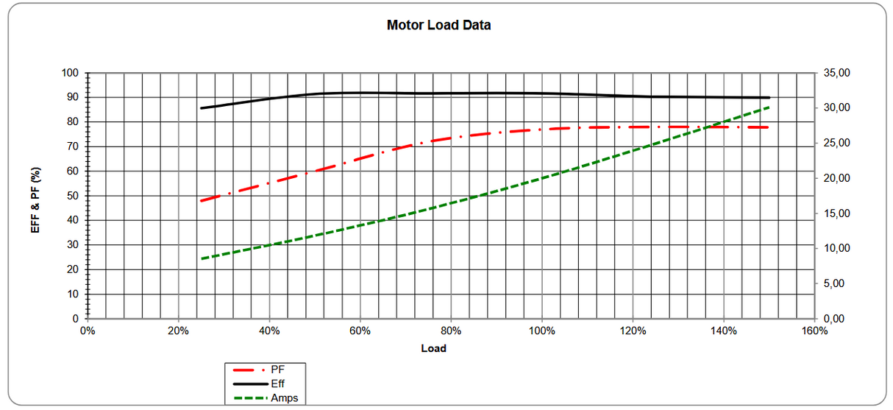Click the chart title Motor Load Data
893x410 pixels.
[x=438, y=25]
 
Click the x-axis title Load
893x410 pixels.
[x=433, y=348]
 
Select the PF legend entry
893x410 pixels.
[x=278, y=369]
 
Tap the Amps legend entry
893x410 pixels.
[x=284, y=398]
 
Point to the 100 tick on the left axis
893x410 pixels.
[x=70, y=73]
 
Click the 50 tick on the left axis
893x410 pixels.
[x=72, y=196]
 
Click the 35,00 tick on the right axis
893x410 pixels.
[x=836, y=73]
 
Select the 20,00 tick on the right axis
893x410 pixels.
[x=836, y=178]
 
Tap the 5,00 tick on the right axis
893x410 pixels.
[x=834, y=283]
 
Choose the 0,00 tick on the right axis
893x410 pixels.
[x=834, y=319]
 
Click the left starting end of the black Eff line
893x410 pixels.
[x=201, y=108]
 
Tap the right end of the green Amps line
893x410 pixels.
[x=769, y=107]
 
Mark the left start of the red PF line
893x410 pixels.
[x=201, y=200]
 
